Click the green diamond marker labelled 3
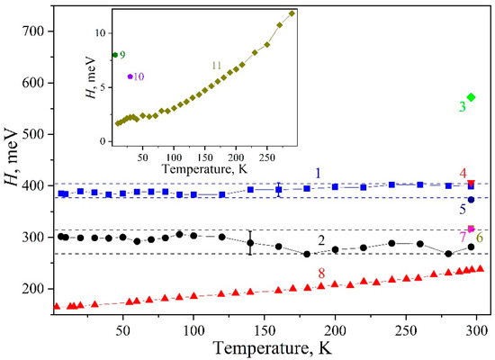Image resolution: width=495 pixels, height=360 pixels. click(471, 97)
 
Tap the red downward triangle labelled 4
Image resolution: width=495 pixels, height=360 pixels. click(471, 184)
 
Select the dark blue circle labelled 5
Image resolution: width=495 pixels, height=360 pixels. click(471, 200)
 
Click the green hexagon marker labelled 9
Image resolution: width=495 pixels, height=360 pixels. click(115, 55)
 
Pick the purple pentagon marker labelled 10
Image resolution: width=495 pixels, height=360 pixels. click(130, 76)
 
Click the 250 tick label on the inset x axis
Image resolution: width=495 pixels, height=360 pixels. click(267, 157)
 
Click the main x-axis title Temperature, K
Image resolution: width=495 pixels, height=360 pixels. click(273, 347)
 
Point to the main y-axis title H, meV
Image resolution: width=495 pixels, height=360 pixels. click(12, 157)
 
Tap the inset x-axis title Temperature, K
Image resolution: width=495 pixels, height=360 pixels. click(204, 169)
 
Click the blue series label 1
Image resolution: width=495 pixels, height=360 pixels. click(318, 173)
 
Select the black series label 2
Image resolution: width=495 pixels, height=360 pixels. click(321, 241)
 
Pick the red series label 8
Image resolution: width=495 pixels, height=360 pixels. click(321, 274)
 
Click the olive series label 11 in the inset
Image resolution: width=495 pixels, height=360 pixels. click(217, 66)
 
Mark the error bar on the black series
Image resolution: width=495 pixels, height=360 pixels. click(250, 243)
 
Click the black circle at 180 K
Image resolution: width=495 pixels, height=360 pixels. click(307, 254)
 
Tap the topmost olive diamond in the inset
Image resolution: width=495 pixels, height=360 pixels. click(292, 13)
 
